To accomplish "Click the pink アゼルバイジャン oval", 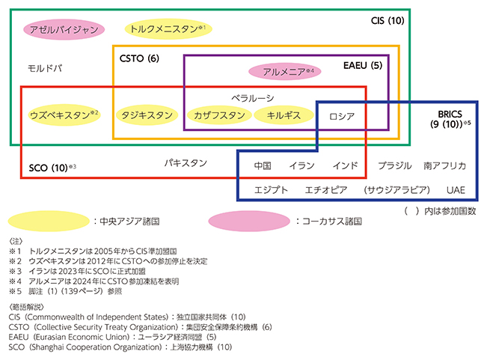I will (x=62, y=29).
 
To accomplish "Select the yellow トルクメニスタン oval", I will (x=166, y=29).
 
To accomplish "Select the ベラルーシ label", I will (x=252, y=98).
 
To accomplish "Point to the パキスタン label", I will (x=186, y=162).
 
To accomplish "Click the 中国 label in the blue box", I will (x=263, y=165).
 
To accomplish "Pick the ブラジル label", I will (x=395, y=165).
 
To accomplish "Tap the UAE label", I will (x=455, y=190).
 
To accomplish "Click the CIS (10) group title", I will (x=388, y=20).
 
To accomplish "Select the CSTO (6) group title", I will (x=140, y=58).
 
